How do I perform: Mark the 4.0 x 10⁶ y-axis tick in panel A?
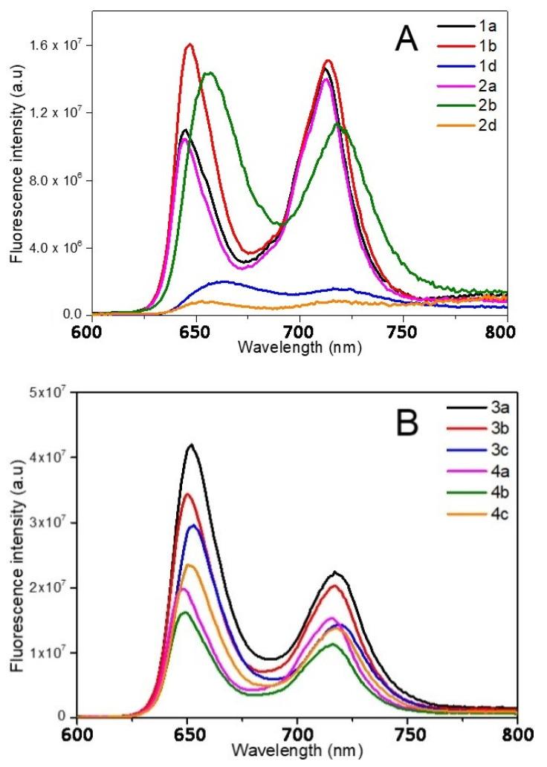[x=55, y=248]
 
